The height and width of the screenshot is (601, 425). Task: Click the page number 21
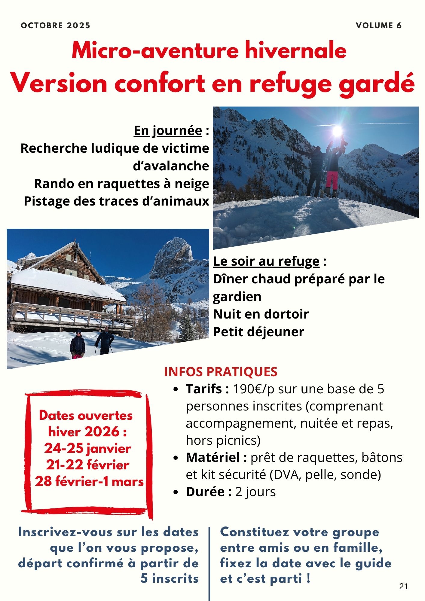pos(404,586)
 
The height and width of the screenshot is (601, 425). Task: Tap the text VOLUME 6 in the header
pos(379,26)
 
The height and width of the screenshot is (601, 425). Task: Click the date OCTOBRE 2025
pos(56,26)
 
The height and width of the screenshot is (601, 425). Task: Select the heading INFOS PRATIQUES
pos(221,372)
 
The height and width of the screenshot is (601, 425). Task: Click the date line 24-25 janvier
pos(87,448)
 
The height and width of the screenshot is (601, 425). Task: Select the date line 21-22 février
pos(87,465)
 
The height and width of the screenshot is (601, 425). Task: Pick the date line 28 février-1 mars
pos(89,481)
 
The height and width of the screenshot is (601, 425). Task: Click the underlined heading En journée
pos(168,131)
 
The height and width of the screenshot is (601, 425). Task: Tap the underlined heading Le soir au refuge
pos(266,261)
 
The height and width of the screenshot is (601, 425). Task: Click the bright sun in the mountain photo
pos(337,130)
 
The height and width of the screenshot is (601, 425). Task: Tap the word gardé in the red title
pos(377,84)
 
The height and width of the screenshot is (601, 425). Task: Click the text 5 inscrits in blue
pos(170,578)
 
